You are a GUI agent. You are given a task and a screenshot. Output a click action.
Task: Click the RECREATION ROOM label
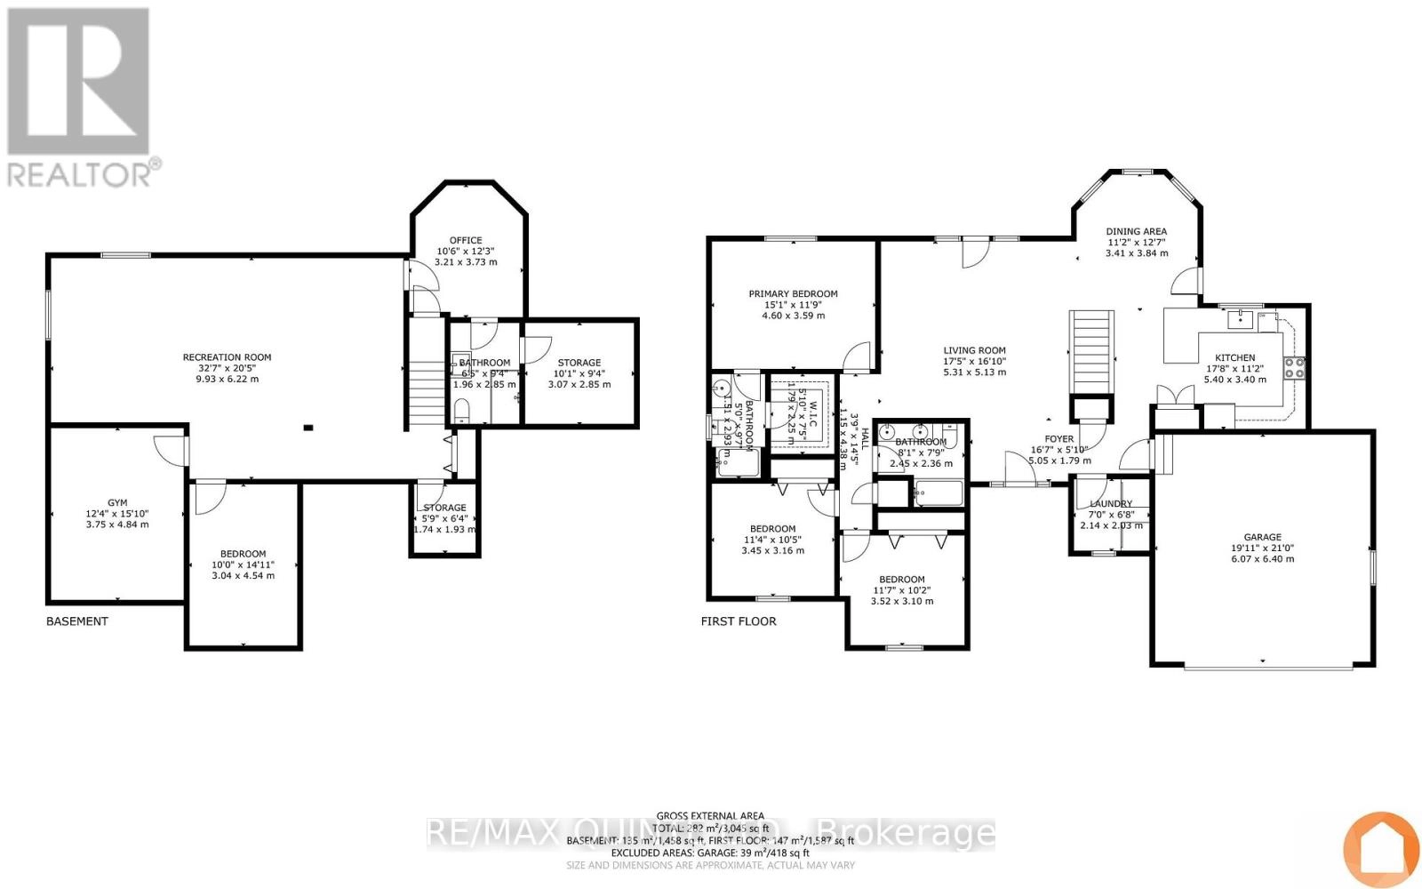[227, 357]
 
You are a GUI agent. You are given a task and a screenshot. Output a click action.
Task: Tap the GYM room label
[117, 503]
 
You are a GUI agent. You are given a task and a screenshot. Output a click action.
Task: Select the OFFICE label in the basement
[466, 240]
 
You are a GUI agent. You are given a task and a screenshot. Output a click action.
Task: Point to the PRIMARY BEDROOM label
[793, 294]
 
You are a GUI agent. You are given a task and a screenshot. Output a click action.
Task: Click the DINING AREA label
[1136, 231]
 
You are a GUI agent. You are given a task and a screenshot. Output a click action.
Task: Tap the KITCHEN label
[1234, 357]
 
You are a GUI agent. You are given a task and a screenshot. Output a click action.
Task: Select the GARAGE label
[1262, 537]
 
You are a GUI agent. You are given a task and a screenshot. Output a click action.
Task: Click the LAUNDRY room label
[1111, 504]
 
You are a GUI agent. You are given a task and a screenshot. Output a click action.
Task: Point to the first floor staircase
[1090, 351]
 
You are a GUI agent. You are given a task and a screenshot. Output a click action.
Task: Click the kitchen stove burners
[1293, 367]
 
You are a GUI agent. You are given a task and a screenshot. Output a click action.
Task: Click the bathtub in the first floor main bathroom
[939, 493]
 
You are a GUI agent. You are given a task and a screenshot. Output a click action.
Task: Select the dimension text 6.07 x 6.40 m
[1262, 559]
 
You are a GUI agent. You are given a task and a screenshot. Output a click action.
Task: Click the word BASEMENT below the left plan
[77, 621]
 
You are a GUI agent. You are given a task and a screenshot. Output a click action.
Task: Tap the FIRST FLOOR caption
[739, 621]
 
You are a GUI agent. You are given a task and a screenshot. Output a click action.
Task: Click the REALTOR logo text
[84, 173]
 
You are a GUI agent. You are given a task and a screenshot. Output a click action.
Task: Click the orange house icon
[1380, 850]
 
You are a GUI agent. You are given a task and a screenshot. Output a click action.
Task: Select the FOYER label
[1059, 439]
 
